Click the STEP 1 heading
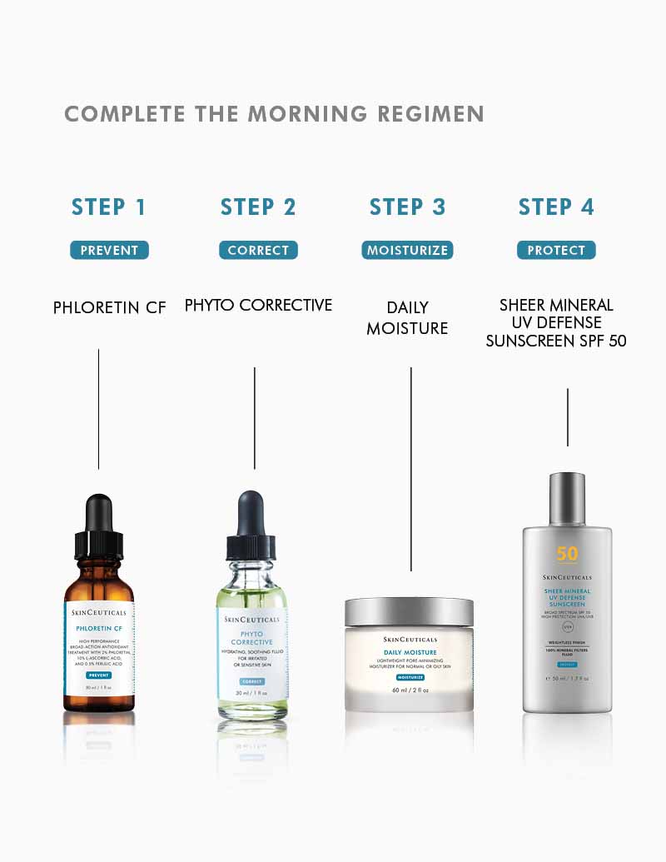click(109, 207)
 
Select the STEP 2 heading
click(258, 207)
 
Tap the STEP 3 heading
click(407, 207)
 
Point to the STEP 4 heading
click(556, 207)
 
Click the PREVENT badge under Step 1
click(109, 250)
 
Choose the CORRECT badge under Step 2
click(258, 250)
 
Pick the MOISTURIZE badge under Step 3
click(407, 250)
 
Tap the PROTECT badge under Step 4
click(556, 250)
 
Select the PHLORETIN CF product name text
click(109, 308)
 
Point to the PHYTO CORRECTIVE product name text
click(258, 306)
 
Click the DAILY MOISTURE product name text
click(407, 318)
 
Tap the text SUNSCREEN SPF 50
click(556, 341)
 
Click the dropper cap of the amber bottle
click(98, 525)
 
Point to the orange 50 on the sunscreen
click(566, 555)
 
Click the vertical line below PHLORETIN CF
click(98, 408)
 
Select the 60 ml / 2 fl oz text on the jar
click(409, 690)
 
